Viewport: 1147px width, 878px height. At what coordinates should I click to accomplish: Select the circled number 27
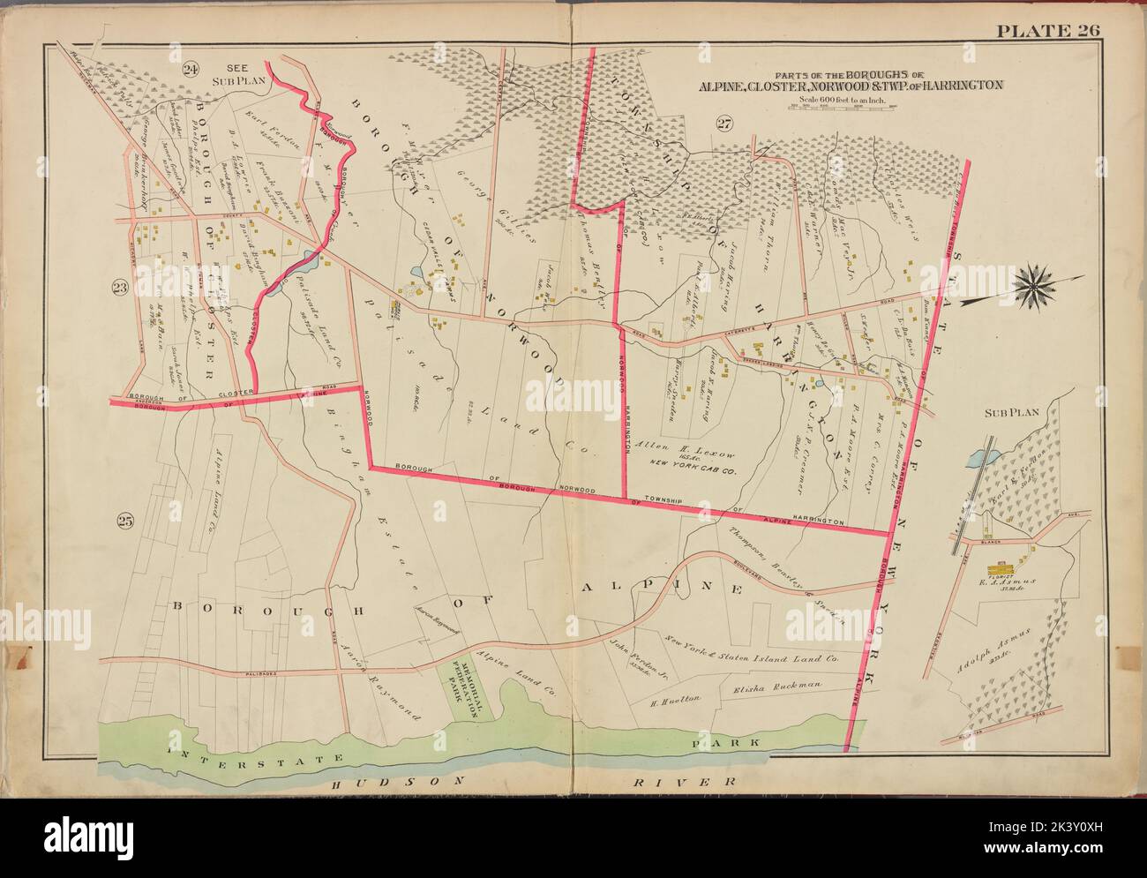[724, 124]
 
